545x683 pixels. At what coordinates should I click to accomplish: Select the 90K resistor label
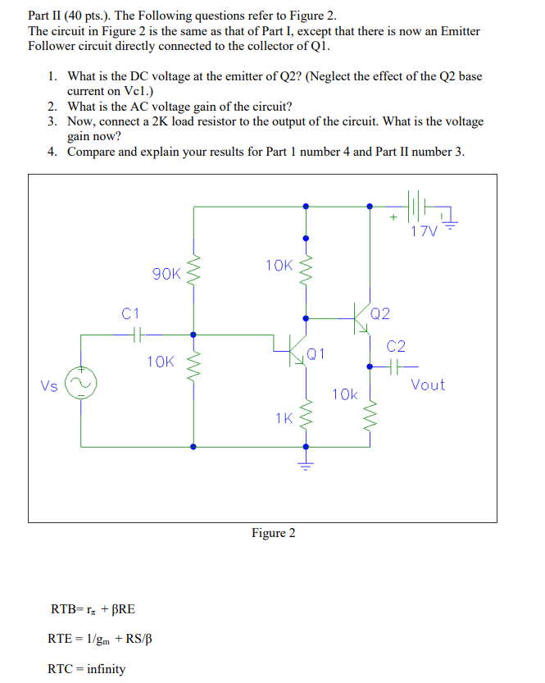pos(167,274)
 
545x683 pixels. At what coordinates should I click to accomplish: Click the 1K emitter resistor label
pos(284,419)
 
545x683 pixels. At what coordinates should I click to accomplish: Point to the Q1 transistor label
pos(316,354)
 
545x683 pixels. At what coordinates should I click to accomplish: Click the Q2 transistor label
pos(381,313)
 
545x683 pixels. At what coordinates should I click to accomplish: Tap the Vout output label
pos(428,385)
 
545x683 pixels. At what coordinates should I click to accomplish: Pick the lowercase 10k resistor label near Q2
pos(345,394)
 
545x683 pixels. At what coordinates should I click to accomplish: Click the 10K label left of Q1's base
pos(161,361)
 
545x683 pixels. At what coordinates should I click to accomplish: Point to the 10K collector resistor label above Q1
pos(279,265)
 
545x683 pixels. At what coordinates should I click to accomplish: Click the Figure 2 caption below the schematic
pos(274,533)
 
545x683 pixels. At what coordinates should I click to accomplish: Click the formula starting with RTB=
pos(93,608)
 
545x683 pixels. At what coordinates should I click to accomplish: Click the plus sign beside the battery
pos(393,217)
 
